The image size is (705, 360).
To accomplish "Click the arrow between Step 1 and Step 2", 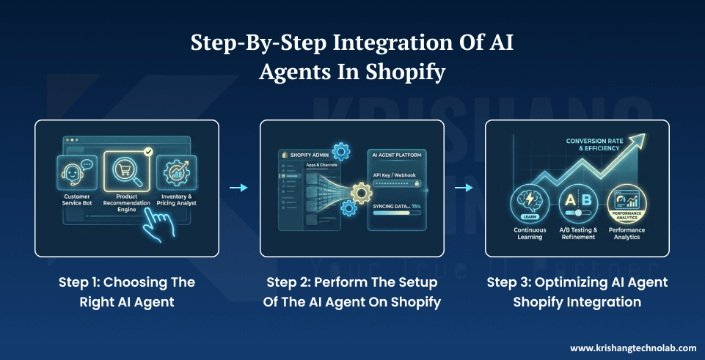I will click(239, 188).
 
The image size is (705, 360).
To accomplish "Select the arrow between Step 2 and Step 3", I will click(464, 188).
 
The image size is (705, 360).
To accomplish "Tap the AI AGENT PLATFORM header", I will click(401, 155).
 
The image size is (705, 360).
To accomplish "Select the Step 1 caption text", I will click(127, 292).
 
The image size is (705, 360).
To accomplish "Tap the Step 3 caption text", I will click(577, 292).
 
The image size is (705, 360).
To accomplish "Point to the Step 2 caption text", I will click(352, 292).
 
